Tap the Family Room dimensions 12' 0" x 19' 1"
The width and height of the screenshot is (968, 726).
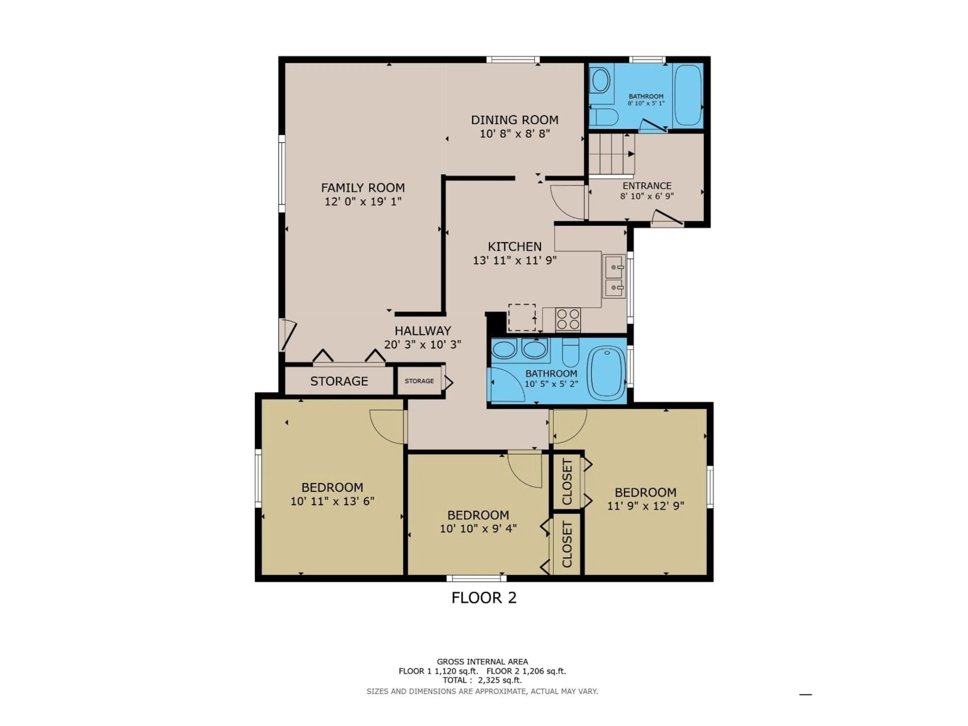pos(363,202)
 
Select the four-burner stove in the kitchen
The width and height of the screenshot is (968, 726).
pos(568,319)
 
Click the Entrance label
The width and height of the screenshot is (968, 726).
pos(647,186)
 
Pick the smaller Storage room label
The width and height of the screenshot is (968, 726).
pos(419,381)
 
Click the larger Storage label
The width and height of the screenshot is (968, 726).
pos(339,381)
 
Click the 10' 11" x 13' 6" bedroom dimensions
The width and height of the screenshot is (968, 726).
pos(332,501)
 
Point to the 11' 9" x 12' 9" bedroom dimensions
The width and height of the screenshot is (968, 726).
pos(646,506)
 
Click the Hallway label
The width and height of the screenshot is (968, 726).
pos(423,331)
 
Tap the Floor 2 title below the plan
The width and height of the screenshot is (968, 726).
pos(484,598)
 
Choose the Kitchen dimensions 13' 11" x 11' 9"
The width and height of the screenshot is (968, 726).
pos(515,260)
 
